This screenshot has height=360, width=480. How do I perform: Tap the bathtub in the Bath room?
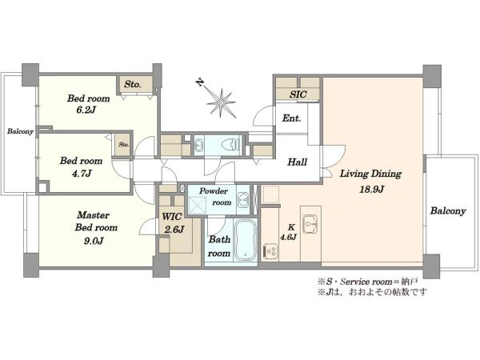pos(245,240)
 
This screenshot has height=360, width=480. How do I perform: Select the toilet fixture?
pos(231,144)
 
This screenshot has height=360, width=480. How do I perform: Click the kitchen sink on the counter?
pos(310,224)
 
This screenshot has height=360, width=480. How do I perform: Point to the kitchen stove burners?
pos(270,252)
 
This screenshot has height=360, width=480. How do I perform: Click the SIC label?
pos(298,94)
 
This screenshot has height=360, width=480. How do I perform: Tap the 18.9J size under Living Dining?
pos(371,189)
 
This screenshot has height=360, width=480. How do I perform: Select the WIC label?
pos(172,217)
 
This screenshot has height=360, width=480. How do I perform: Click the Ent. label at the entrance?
pos(291,118)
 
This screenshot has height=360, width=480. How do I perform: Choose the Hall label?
pos(297,162)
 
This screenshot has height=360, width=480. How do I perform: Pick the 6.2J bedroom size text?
pos(86,110)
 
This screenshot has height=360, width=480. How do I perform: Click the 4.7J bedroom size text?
pos(82,174)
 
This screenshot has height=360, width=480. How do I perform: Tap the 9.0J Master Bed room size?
pos(94,242)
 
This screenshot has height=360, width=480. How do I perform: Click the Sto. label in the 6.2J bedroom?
pos(133,84)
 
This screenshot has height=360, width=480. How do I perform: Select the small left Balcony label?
pos(20,131)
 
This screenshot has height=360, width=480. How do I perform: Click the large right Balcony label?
pos(448,211)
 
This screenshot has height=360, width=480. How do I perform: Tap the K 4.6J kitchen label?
pos(288,232)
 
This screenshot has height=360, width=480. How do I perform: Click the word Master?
pos(93,215)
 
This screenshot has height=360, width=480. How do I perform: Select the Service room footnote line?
pos(368,282)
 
